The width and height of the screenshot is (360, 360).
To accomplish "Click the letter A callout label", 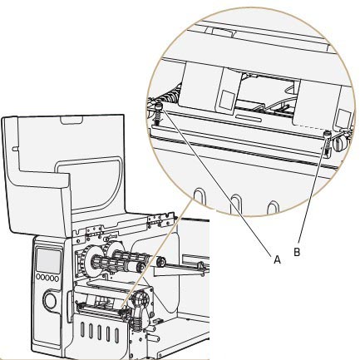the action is pyautogui.click(x=277, y=259).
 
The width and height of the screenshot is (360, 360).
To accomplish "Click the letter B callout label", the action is pyautogui.click(x=297, y=252).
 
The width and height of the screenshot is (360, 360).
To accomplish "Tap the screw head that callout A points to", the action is pyautogui.click(x=158, y=106).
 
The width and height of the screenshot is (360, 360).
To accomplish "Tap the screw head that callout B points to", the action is pyautogui.click(x=328, y=134).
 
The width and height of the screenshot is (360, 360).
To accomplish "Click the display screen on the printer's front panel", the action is pyautogui.click(x=48, y=260).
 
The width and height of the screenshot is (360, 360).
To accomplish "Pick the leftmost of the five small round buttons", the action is pyautogui.click(x=38, y=277).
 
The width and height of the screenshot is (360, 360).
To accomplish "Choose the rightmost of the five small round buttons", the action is pyautogui.click(x=57, y=279).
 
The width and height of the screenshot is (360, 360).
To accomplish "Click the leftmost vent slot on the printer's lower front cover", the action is pyautogui.click(x=82, y=329).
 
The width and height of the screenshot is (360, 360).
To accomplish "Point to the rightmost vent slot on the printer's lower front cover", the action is pyautogui.click(x=117, y=334).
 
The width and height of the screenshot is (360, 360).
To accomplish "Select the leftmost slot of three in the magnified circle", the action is pyautogui.click(x=200, y=197).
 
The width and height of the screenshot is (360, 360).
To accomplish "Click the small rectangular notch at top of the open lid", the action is pyautogui.click(x=72, y=120).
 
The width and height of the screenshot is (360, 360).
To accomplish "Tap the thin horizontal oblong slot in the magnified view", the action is pyautogui.click(x=249, y=118).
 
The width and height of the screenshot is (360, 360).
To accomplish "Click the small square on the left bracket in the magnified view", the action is pyautogui.click(x=225, y=99).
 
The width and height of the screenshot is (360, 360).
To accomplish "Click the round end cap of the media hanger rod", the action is pyautogui.click(x=160, y=262).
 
